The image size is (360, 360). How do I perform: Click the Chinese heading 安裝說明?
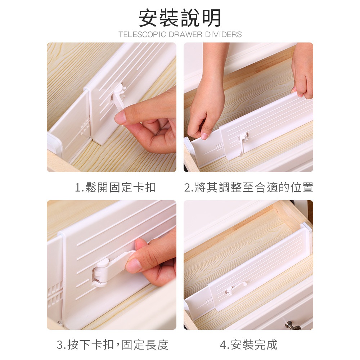tap(180, 18)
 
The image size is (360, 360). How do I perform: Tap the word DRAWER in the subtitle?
tap(186, 35)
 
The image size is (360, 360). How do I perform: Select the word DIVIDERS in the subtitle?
tap(224, 35)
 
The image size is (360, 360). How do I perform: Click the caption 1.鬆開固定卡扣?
tap(116, 187)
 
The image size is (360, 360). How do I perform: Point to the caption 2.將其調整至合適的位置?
tap(249, 187)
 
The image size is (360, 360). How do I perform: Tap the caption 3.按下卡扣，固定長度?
tap(112, 345)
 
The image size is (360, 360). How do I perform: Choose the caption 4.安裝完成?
tap(249, 345)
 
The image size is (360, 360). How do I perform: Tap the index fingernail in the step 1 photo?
tap(120, 118)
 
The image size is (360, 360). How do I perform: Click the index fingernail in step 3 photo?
tap(133, 265)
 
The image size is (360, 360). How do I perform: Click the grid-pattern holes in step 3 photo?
tap(55, 296)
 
